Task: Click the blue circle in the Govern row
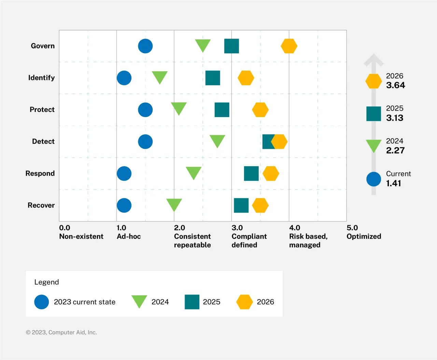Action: coord(145,46)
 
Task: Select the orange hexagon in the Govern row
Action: coord(289,46)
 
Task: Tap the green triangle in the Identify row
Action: coord(159,77)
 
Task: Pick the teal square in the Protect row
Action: coord(222,110)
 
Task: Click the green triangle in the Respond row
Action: coord(193,172)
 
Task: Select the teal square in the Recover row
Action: coord(241,205)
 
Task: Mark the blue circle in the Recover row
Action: coord(124,205)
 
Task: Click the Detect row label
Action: coord(43,141)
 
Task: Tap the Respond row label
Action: coord(40,173)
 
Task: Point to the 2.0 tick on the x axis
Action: coord(179,228)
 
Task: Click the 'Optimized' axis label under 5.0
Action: coord(364,236)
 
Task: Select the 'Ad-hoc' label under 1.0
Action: coord(129,236)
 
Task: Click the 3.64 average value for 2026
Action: coord(395,85)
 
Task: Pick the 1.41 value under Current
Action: coord(393,183)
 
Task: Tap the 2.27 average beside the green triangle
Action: coord(395,150)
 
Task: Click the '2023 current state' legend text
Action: coord(85,302)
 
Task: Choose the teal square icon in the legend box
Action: coord(192,302)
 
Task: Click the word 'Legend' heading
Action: coord(46,282)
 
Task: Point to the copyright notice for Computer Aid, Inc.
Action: coord(61,332)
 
